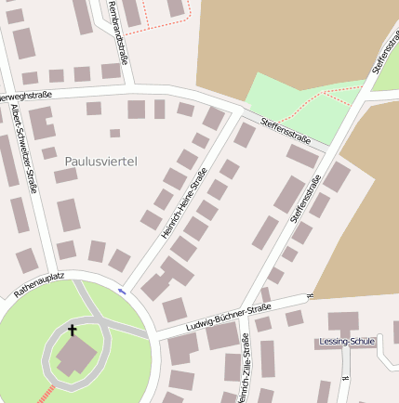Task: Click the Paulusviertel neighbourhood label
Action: click(x=100, y=162)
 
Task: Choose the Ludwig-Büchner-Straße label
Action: click(x=228, y=317)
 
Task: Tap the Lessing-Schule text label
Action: click(x=347, y=341)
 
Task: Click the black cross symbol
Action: click(x=73, y=330)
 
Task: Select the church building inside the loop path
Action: click(x=74, y=357)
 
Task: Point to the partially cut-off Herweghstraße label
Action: click(x=25, y=95)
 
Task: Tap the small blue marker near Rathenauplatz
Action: click(x=121, y=292)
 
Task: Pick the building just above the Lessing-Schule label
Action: click(x=342, y=323)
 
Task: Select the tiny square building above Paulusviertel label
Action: click(x=114, y=133)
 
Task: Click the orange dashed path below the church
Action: click(x=45, y=394)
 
